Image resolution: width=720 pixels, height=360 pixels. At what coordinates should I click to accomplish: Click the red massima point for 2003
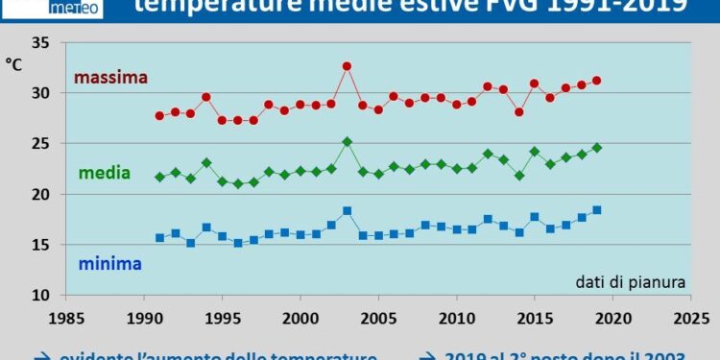[x=348, y=66]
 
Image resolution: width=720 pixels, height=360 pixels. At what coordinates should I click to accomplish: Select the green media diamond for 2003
[x=348, y=142]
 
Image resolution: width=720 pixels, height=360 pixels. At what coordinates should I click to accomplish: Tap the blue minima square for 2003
[x=348, y=211]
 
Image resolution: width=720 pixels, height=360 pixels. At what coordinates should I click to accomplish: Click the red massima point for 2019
[x=597, y=81]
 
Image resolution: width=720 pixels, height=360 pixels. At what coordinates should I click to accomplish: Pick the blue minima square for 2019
[x=597, y=210]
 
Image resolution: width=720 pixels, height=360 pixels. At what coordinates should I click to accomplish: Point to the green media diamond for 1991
[x=159, y=178]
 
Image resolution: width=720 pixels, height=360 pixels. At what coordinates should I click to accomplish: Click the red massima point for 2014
[x=519, y=112]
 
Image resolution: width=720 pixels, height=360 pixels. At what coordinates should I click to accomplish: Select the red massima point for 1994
[x=206, y=97]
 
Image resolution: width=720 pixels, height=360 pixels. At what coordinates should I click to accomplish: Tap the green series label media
[x=105, y=173]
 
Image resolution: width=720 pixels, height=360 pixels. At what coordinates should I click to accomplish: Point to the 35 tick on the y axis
[x=40, y=43]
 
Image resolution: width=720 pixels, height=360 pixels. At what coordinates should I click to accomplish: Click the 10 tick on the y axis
[x=40, y=295]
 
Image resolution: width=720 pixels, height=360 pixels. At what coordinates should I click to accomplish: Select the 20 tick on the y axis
[x=40, y=194]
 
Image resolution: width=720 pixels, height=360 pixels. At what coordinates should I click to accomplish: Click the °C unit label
[x=14, y=64]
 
